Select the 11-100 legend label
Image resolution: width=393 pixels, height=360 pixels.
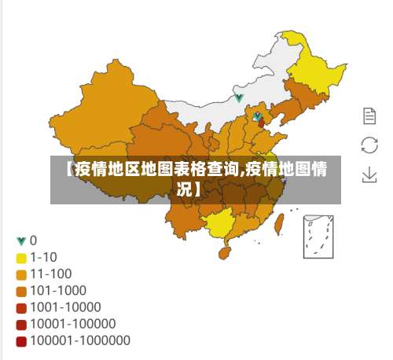click(x=50, y=274)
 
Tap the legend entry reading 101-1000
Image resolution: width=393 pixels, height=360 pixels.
click(x=57, y=291)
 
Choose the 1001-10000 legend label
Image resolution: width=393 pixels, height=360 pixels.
click(x=65, y=307)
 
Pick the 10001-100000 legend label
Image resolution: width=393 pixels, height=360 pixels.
click(x=73, y=324)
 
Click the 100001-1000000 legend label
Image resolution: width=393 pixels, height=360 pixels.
click(x=80, y=340)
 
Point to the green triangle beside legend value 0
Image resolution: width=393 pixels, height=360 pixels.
click(x=21, y=241)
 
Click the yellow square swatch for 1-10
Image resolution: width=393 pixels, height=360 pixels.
click(x=21, y=257)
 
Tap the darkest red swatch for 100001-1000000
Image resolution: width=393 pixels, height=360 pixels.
click(x=21, y=340)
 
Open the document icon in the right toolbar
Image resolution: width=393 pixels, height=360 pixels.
click(x=369, y=116)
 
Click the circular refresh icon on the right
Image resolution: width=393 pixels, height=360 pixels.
click(x=369, y=145)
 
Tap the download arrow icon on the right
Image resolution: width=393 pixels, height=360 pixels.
click(x=369, y=174)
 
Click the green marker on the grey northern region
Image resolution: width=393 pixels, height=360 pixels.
click(x=239, y=98)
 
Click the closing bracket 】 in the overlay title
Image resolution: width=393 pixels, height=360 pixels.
click(x=194, y=190)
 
